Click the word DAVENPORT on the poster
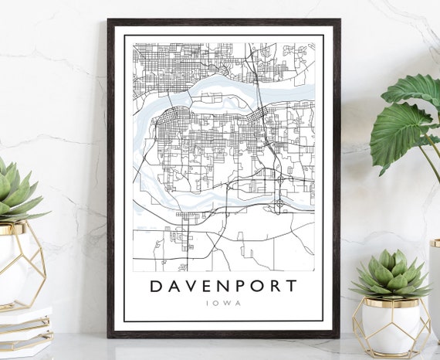(x=223, y=285)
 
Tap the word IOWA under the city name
(x=224, y=303)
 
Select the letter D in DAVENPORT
(x=156, y=285)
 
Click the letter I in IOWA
(x=209, y=303)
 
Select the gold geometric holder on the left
(x=21, y=263)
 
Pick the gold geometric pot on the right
(x=391, y=324)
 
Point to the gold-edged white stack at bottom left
(x=23, y=328)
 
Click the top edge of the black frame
(x=224, y=22)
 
